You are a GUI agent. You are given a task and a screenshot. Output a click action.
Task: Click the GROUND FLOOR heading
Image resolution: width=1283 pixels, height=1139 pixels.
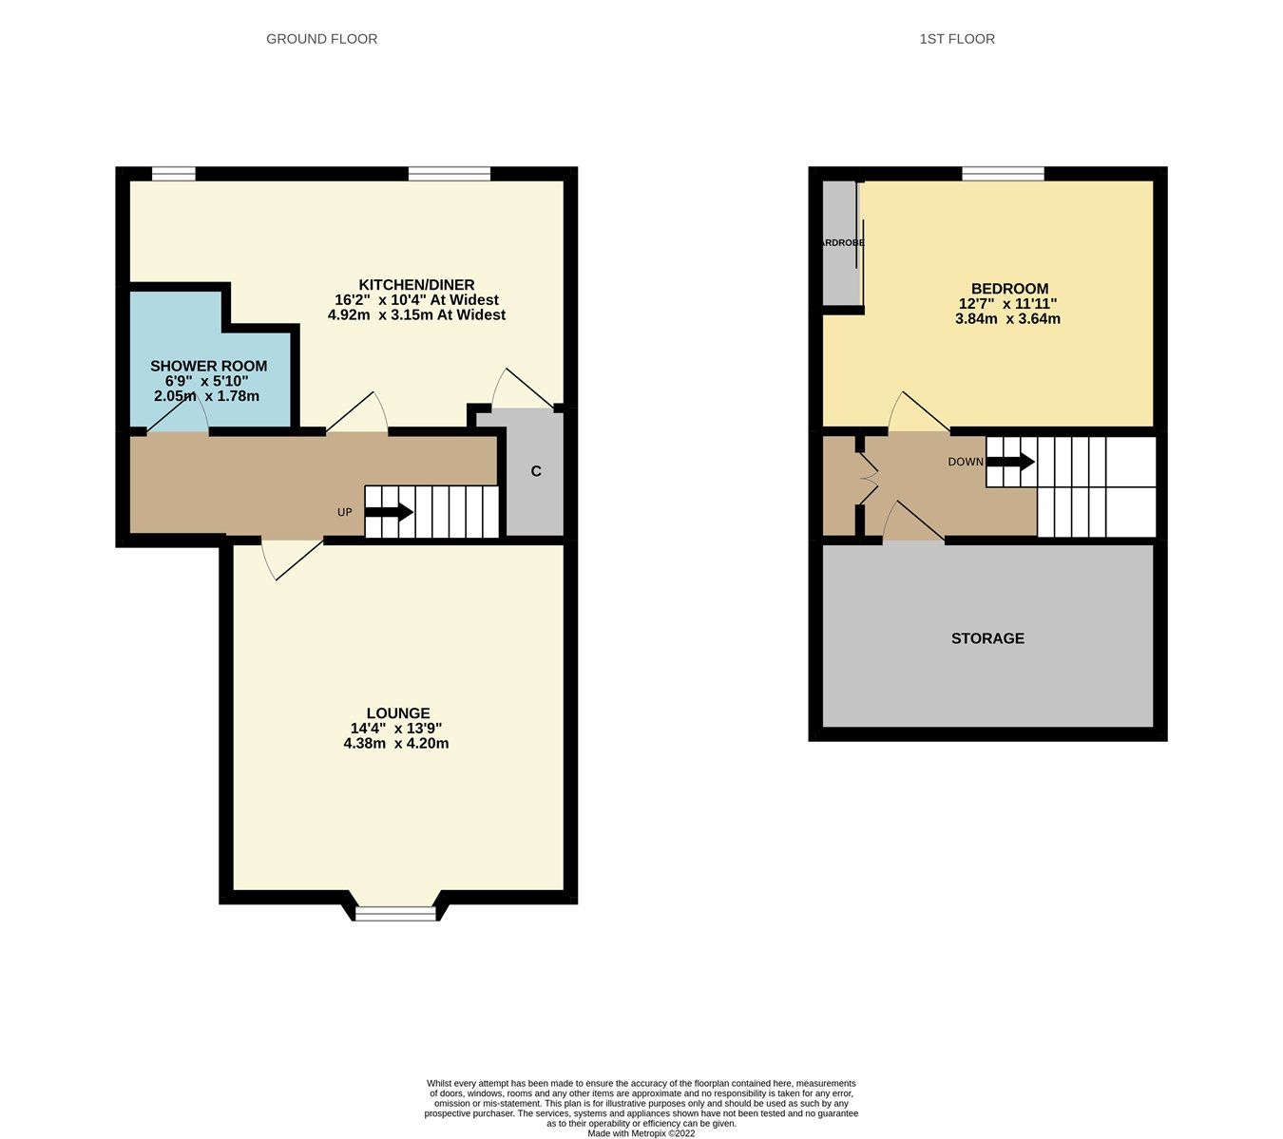pyautogui.click(x=321, y=39)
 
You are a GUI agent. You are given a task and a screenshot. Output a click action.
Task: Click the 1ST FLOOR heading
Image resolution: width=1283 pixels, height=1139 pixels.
pyautogui.click(x=957, y=39)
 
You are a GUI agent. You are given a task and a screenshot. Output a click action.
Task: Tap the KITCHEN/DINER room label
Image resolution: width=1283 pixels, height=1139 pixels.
pyautogui.click(x=416, y=285)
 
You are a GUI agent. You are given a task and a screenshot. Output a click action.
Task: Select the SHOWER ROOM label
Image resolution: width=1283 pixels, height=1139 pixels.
pyautogui.click(x=208, y=366)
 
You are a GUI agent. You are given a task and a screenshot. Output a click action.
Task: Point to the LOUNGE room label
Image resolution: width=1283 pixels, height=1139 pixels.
pyautogui.click(x=398, y=713)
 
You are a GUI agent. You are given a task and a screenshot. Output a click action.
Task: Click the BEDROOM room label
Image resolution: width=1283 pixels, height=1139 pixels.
pyautogui.click(x=1009, y=289)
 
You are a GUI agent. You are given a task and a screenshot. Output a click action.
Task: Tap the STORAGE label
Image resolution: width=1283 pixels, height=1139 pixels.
pyautogui.click(x=987, y=638)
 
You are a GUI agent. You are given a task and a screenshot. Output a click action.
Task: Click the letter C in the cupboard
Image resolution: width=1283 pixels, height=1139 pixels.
pyautogui.click(x=536, y=471)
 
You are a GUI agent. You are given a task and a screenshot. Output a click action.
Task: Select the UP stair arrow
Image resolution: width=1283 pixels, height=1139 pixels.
pyautogui.click(x=389, y=512)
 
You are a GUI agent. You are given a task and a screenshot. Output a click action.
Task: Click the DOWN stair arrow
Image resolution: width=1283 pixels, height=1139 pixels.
pyautogui.click(x=1010, y=462)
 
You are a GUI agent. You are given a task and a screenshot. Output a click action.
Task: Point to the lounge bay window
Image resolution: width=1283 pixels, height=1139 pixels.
pyautogui.click(x=395, y=913)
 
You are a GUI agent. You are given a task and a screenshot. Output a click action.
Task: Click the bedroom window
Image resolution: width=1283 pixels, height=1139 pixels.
pyautogui.click(x=1003, y=173)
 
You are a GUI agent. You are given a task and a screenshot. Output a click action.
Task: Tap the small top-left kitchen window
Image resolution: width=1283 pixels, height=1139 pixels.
pyautogui.click(x=174, y=173)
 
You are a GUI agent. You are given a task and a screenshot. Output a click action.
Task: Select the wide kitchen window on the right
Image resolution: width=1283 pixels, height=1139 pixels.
pyautogui.click(x=450, y=173)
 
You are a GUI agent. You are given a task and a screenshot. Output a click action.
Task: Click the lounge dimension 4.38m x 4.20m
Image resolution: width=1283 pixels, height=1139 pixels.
pyautogui.click(x=396, y=744)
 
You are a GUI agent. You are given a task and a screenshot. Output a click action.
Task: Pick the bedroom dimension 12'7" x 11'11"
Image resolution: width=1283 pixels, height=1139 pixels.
pyautogui.click(x=1007, y=304)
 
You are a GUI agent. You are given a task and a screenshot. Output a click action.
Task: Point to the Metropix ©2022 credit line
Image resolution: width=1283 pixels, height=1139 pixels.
pyautogui.click(x=641, y=1133)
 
